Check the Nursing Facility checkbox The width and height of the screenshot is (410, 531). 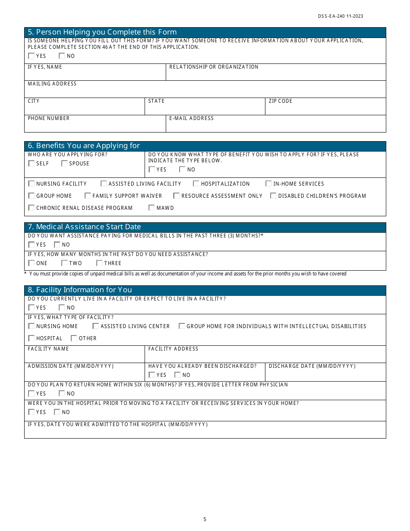click(31, 184)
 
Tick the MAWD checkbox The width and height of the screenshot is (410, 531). click(151, 208)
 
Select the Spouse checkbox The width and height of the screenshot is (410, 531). click(64, 164)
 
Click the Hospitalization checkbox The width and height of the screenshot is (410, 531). click(196, 184)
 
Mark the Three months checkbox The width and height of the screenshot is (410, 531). click(99, 263)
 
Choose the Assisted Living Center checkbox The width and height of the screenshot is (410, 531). click(96, 326)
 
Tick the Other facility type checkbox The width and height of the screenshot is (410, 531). click(74, 338)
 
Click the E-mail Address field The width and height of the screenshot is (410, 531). click(275, 126)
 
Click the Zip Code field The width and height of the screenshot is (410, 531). click(325, 108)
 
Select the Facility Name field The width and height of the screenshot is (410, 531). click(84, 356)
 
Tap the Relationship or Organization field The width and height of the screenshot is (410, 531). click(275, 74)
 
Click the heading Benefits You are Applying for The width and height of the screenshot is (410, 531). click(84, 146)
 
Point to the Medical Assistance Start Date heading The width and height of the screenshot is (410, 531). click(84, 227)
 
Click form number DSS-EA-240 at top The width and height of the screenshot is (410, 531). click(341, 16)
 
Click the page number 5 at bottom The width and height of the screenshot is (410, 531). click(205, 519)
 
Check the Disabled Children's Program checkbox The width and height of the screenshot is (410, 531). click(273, 196)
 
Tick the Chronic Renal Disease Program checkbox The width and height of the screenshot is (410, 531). click(31, 208)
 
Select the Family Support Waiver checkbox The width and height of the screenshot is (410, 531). click(88, 196)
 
